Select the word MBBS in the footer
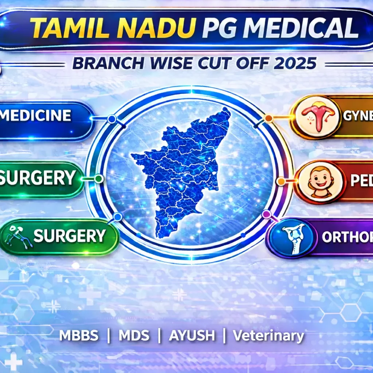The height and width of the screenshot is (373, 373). pos(79,335)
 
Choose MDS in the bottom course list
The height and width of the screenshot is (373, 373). pos(134,335)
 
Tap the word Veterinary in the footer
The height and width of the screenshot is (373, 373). pos(268,335)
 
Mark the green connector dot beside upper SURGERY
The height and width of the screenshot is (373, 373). pos(98,178)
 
